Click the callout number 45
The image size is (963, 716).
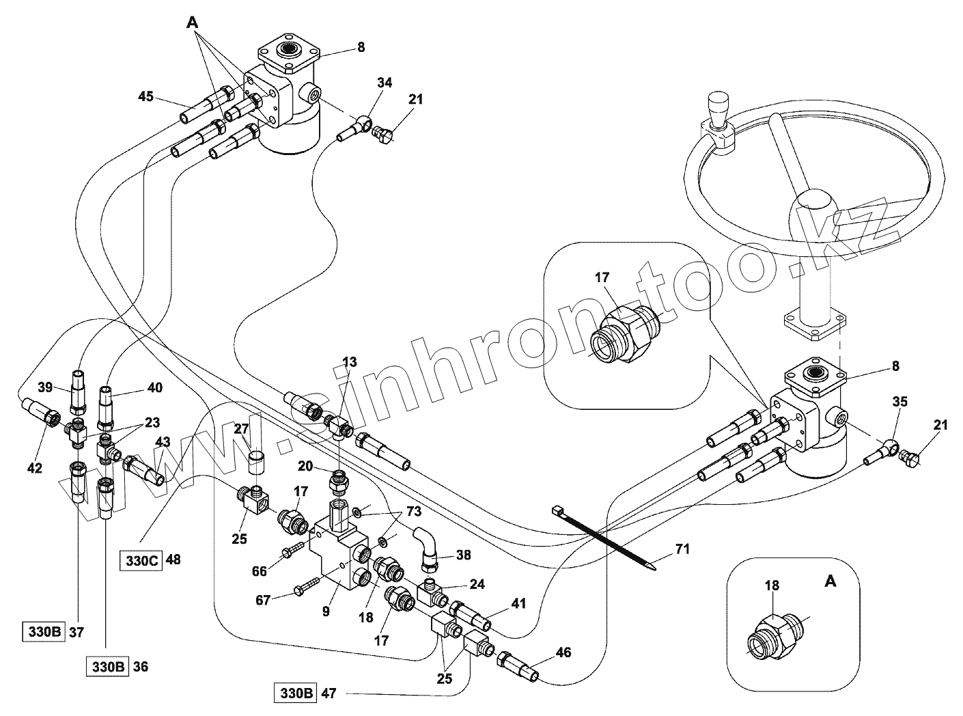pyautogui.click(x=145, y=96)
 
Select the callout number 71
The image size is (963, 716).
pyautogui.click(x=683, y=549)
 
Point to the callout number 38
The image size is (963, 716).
pyautogui.click(x=463, y=555)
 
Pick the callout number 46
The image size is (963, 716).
pyautogui.click(x=563, y=652)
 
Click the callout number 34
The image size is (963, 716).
pyautogui.click(x=385, y=83)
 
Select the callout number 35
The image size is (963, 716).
pyautogui.click(x=900, y=402)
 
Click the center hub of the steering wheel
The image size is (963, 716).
pyautogui.click(x=814, y=204)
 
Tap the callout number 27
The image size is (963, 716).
pyautogui.click(x=242, y=429)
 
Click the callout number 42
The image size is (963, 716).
pyautogui.click(x=34, y=468)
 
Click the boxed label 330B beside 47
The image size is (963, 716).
pyautogui.click(x=295, y=693)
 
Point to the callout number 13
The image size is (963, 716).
pyautogui.click(x=349, y=362)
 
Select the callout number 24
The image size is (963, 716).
pyautogui.click(x=477, y=584)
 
